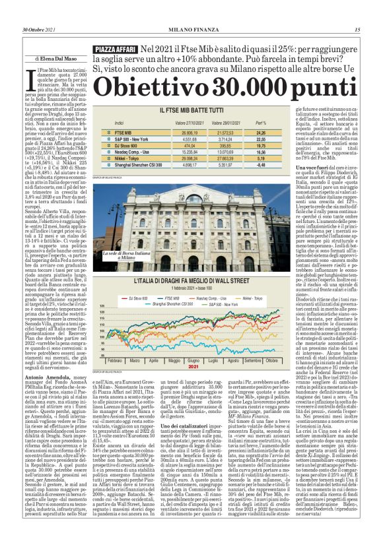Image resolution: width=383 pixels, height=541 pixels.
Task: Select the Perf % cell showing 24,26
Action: [x=261, y=133]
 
